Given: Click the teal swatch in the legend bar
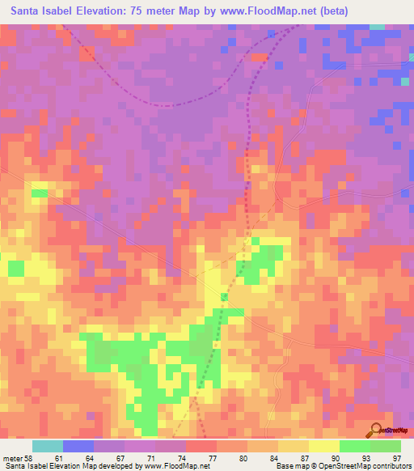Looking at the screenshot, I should pos(47,446).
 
